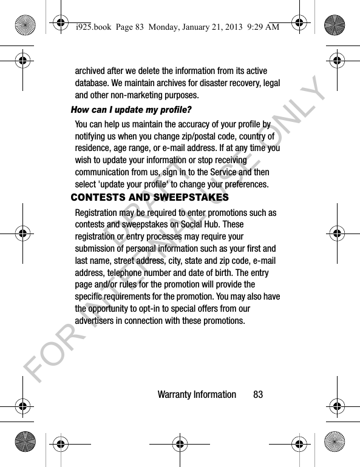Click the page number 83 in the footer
point(258,395)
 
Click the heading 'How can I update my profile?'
point(132,110)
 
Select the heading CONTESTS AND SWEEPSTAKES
point(150,198)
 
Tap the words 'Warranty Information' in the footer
point(197,395)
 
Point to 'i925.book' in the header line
point(89,25)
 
